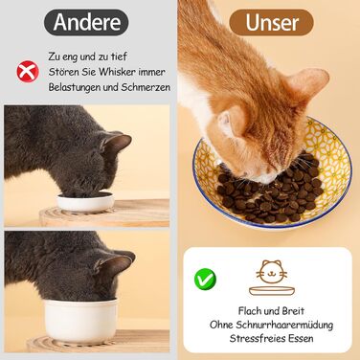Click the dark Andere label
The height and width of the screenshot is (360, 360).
pyautogui.click(x=86, y=22)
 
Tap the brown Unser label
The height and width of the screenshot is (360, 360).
pyautogui.click(x=271, y=22)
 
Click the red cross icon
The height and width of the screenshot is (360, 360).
pyautogui.click(x=28, y=72)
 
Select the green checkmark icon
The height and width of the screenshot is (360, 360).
pyautogui.click(x=205, y=279)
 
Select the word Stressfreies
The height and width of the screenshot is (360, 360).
pyautogui.click(x=258, y=338)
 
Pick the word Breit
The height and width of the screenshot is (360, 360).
pyautogui.click(x=293, y=311)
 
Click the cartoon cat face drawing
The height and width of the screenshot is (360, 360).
pyautogui.click(x=271, y=272)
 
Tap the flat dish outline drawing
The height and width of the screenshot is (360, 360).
pyautogui.click(x=272, y=290)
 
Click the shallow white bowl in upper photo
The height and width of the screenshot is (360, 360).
pyautogui.click(x=85, y=202)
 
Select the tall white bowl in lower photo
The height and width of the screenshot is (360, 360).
pyautogui.click(x=80, y=320)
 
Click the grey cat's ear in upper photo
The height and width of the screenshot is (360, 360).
pyautogui.click(x=116, y=143)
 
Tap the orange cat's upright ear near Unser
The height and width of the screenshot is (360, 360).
pyautogui.click(x=307, y=82)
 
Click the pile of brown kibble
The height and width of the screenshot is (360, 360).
pyautogui.click(x=271, y=191)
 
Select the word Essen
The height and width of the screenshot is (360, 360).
pyautogui.click(x=301, y=338)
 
